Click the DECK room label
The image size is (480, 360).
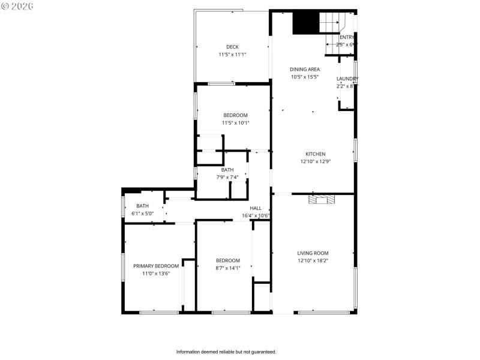pyautogui.click(x=232, y=47)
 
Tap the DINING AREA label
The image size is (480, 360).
pyautogui.click(x=305, y=69)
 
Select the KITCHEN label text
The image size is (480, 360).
pyautogui.click(x=315, y=154)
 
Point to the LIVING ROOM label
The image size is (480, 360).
pyautogui.click(x=313, y=253)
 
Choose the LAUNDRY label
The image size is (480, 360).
pyautogui.click(x=347, y=79)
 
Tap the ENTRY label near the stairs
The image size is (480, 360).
pyautogui.click(x=347, y=37)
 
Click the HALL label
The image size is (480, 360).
pyautogui.click(x=256, y=208)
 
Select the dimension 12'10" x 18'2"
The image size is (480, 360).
pyautogui.click(x=313, y=260)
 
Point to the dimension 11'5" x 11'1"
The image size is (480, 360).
pyautogui.click(x=232, y=55)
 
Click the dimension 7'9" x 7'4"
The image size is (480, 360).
pyautogui.click(x=227, y=177)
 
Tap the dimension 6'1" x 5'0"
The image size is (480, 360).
pyautogui.click(x=143, y=214)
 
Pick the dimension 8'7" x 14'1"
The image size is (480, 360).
pyautogui.click(x=228, y=268)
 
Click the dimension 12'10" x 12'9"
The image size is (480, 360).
pyautogui.click(x=315, y=161)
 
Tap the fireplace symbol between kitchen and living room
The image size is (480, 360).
pyautogui.click(x=318, y=199)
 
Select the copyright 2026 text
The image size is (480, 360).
pyautogui.click(x=17, y=5)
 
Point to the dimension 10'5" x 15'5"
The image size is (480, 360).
pyautogui.click(x=305, y=77)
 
